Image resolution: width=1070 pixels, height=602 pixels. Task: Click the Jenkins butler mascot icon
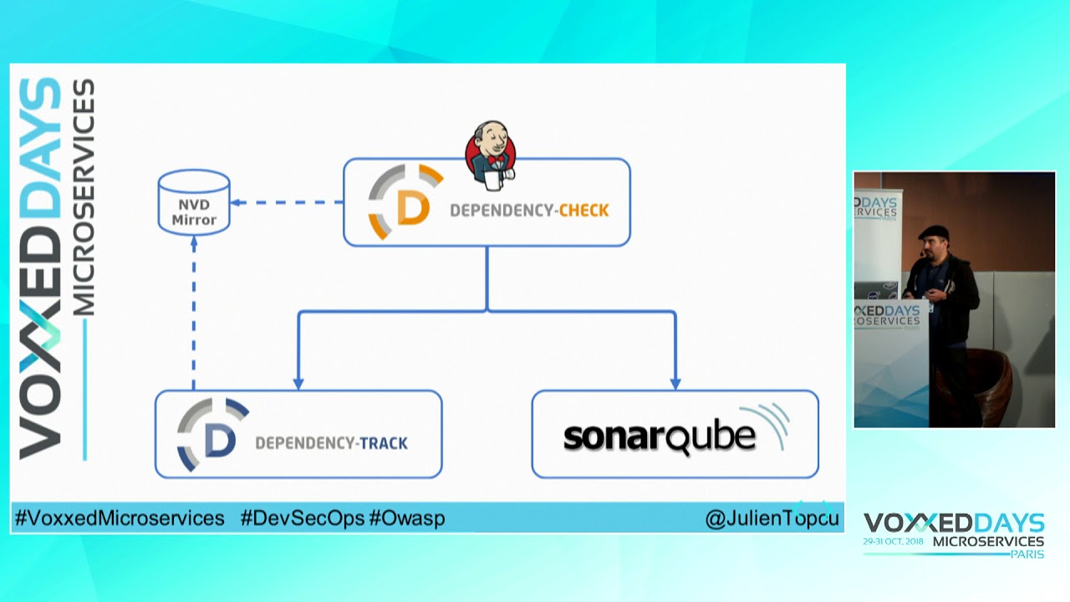tap(491, 152)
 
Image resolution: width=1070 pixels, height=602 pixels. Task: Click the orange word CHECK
tap(583, 210)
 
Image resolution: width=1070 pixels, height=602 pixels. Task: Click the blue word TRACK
tap(383, 443)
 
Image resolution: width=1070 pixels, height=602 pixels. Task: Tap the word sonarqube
tap(659, 436)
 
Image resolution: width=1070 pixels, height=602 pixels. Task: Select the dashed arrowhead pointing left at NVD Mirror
tap(237, 202)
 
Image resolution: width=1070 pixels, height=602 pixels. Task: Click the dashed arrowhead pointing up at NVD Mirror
tap(194, 242)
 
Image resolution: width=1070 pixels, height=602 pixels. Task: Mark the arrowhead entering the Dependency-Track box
tap(298, 383)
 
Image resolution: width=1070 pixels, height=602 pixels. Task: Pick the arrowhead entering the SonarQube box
tap(675, 383)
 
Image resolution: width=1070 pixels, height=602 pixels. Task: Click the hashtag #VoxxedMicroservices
tap(120, 518)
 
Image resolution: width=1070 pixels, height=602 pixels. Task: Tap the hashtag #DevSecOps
tap(302, 518)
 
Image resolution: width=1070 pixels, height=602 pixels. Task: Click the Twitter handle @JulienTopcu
tap(772, 519)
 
